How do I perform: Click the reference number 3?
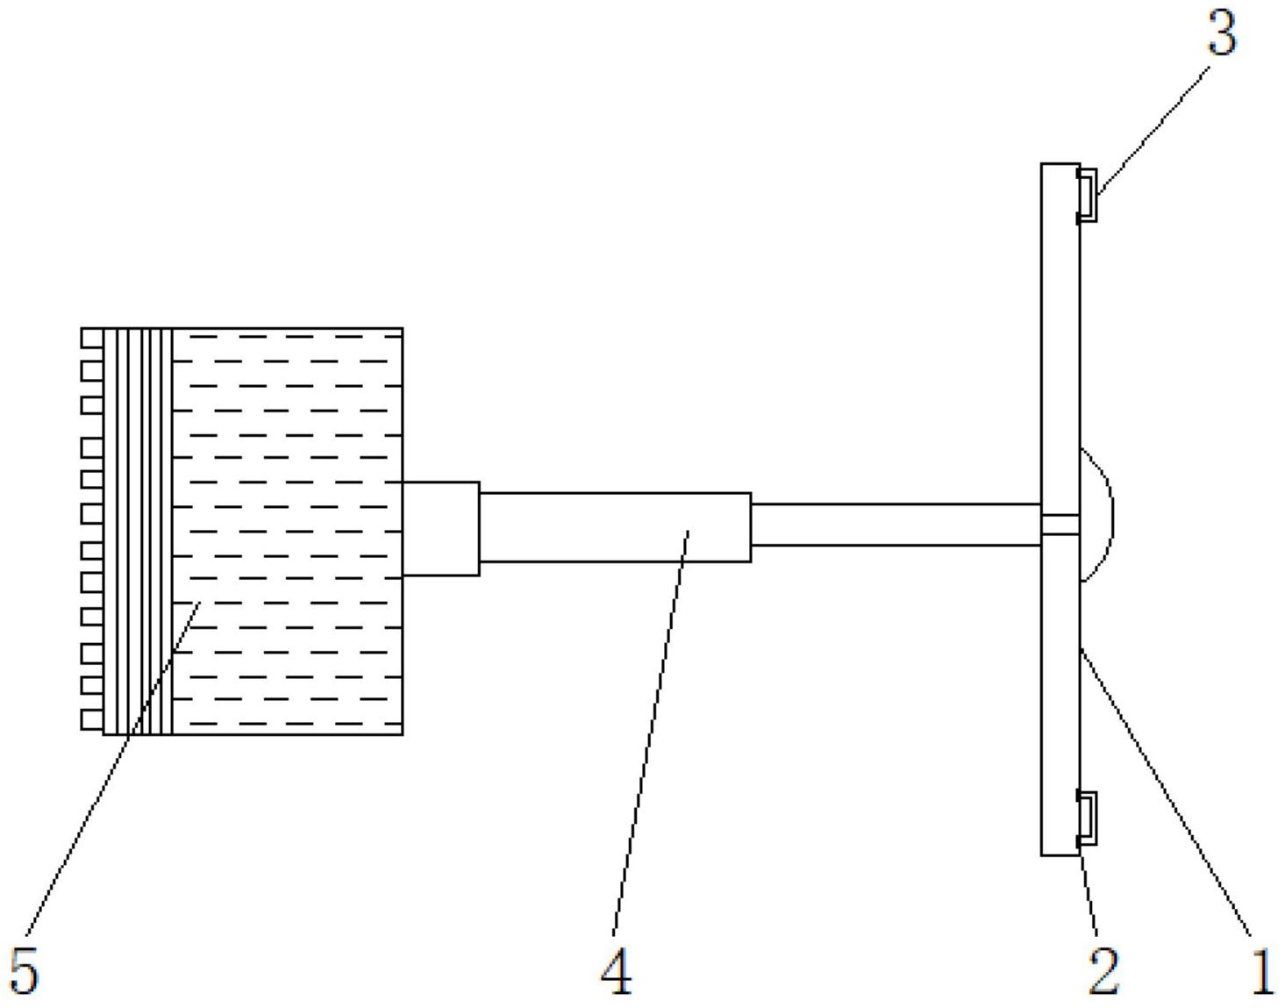pos(1222,35)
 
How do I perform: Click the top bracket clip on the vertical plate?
pos(1087,194)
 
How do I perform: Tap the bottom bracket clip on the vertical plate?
pos(1087,818)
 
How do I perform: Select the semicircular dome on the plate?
pos(1096,515)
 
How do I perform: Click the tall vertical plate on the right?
pos(1060,351)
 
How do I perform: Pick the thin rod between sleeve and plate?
pos(895,525)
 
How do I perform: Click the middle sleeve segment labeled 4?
pos(614,526)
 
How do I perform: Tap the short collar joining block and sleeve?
pos(441,528)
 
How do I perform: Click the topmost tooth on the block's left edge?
pos(92,338)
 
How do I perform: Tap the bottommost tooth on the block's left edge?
pos(92,719)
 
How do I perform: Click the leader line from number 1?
pos(1167,790)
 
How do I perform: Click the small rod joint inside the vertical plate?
pos(1060,525)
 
